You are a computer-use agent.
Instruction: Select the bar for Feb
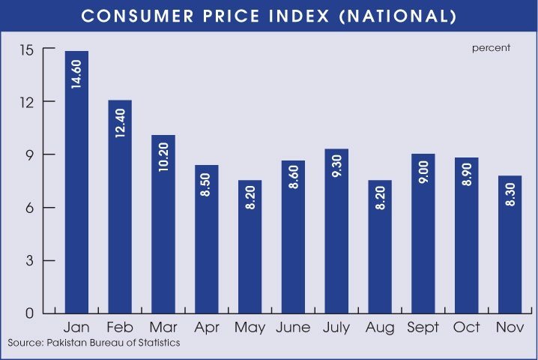point(120,206)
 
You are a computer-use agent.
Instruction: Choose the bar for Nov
point(510,244)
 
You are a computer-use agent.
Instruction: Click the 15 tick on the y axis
point(29,49)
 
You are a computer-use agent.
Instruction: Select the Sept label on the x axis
point(423,328)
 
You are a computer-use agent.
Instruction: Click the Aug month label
point(380,328)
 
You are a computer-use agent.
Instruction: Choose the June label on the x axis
point(293,328)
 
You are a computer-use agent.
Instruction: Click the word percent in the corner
point(491,48)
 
